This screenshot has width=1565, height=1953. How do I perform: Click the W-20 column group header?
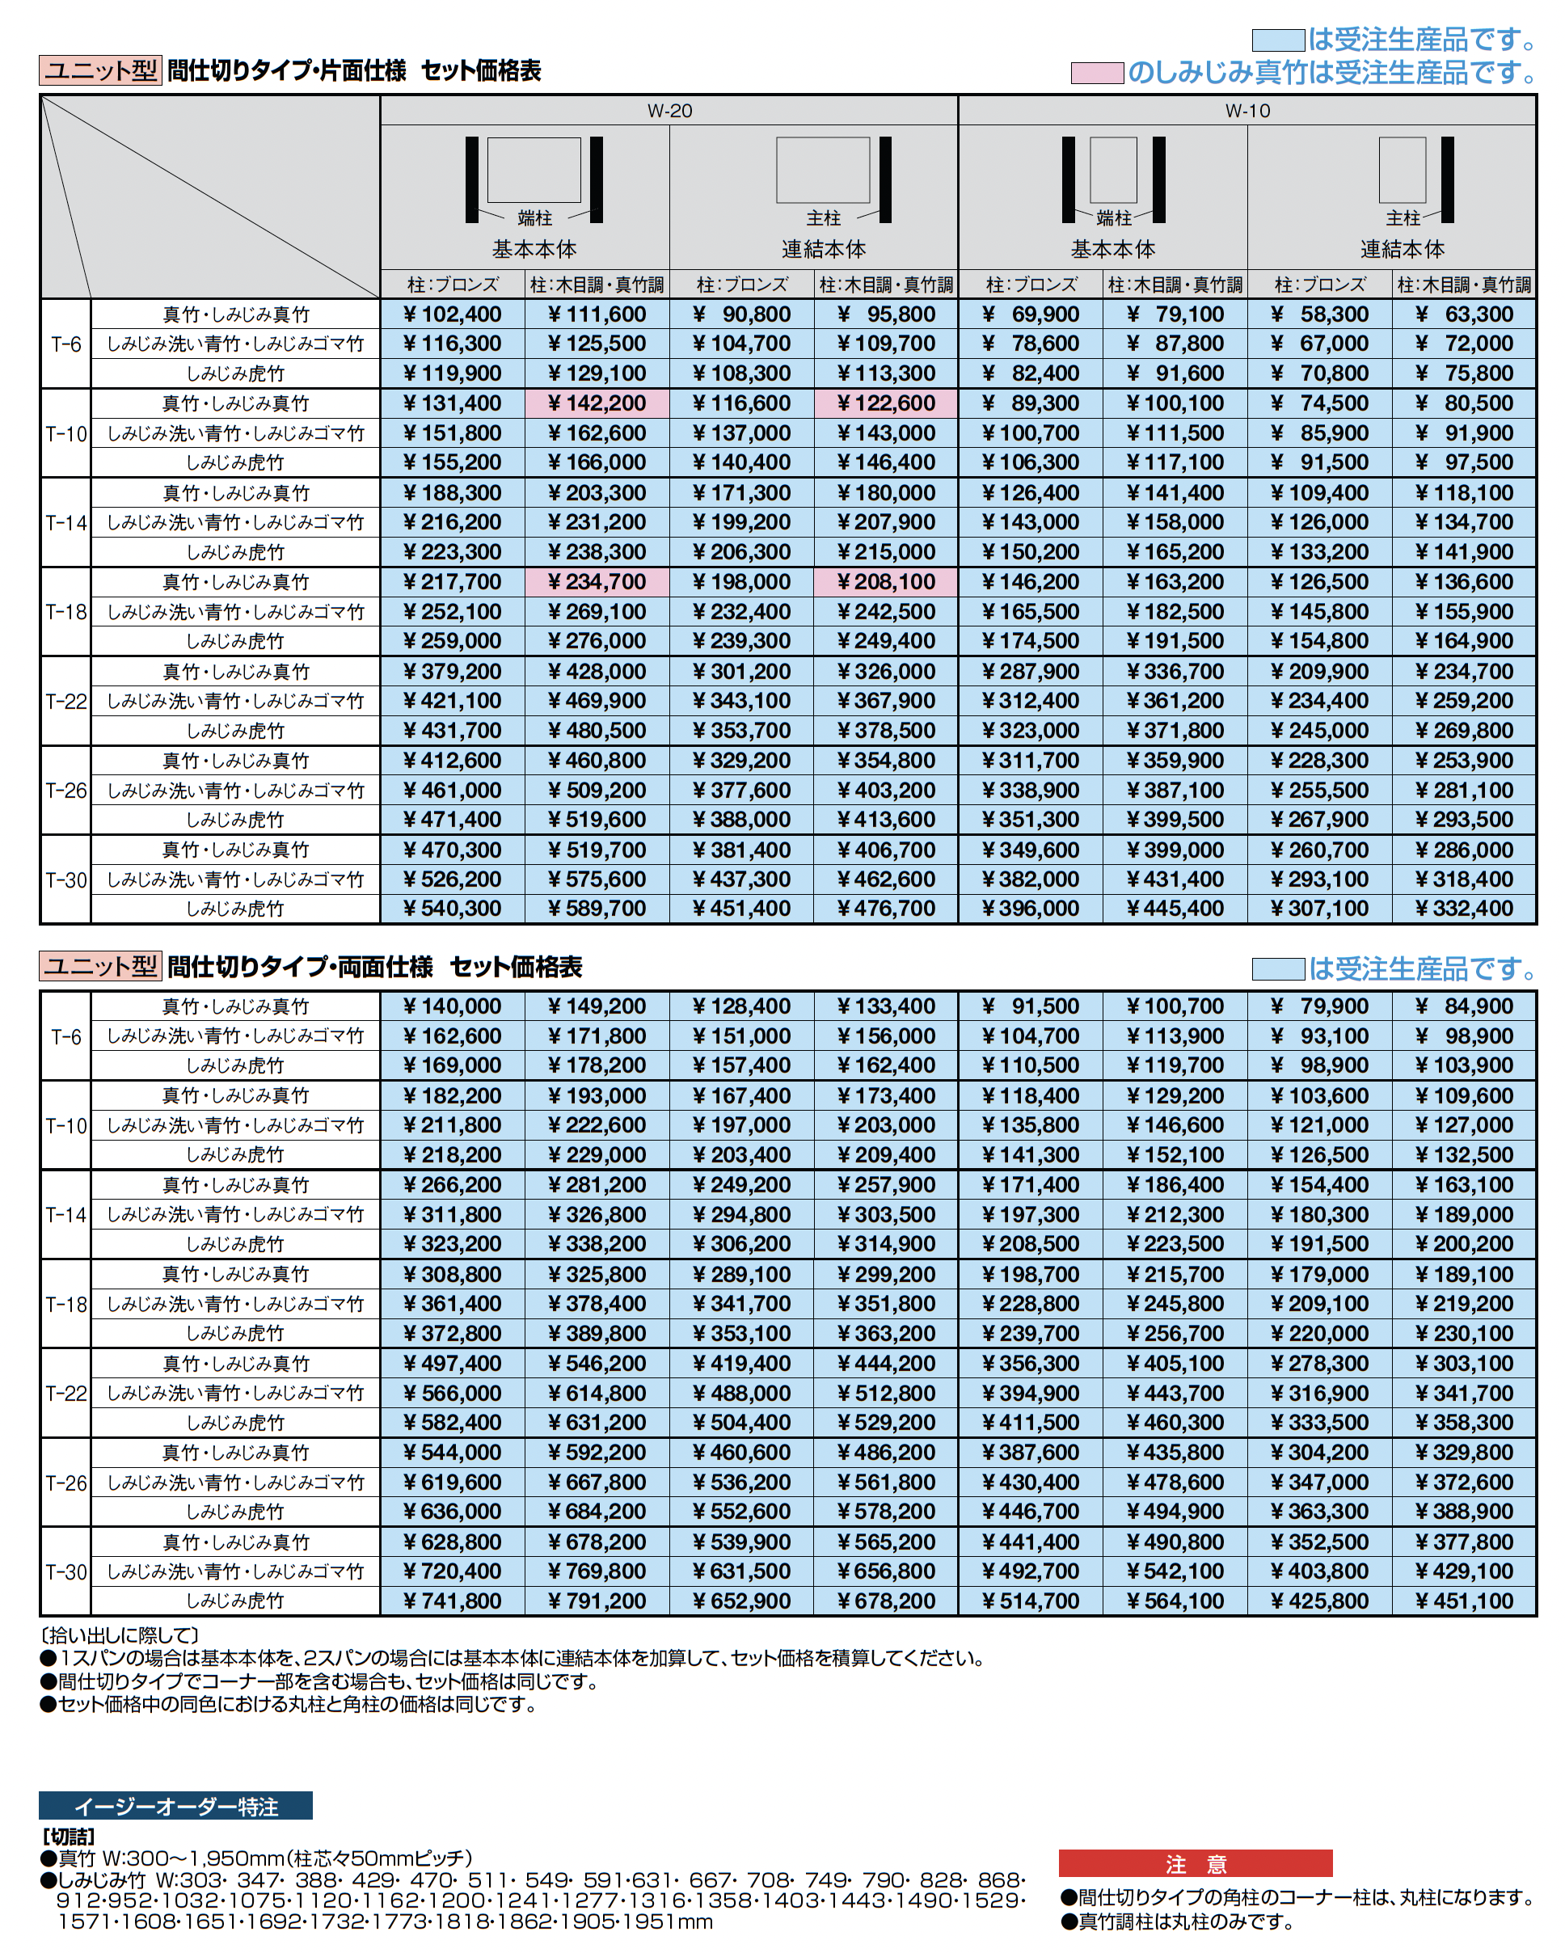coord(669,111)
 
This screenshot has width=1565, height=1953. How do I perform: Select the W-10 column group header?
coord(1247,111)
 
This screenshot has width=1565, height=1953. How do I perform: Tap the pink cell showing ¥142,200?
coord(597,403)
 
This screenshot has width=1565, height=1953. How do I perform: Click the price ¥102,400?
coord(452,314)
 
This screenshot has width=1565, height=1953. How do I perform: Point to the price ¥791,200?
coord(597,1601)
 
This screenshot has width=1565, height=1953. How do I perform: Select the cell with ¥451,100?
coord(1464,1601)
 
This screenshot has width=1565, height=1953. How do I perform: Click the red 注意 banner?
coord(1195,1863)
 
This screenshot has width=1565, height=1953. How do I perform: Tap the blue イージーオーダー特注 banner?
coord(175,1806)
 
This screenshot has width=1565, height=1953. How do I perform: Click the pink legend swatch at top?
coord(1097,73)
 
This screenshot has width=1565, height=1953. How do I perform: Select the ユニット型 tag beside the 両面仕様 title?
coord(100,967)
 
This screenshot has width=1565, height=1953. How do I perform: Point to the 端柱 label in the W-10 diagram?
coord(1113,218)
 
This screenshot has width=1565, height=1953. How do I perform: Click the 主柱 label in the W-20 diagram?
coord(823,218)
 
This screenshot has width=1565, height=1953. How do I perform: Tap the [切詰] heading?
coord(69,1836)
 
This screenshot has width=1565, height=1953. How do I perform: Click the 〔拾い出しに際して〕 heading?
coord(120,1635)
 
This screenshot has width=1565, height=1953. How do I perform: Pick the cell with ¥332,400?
coord(1464,909)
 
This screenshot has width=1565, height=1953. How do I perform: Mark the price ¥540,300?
coord(452,909)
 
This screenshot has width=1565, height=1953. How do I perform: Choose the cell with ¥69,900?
coord(1031,314)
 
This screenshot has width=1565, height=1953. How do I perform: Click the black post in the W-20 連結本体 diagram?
coord(885,179)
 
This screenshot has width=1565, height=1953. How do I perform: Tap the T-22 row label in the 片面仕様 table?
coord(66,701)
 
